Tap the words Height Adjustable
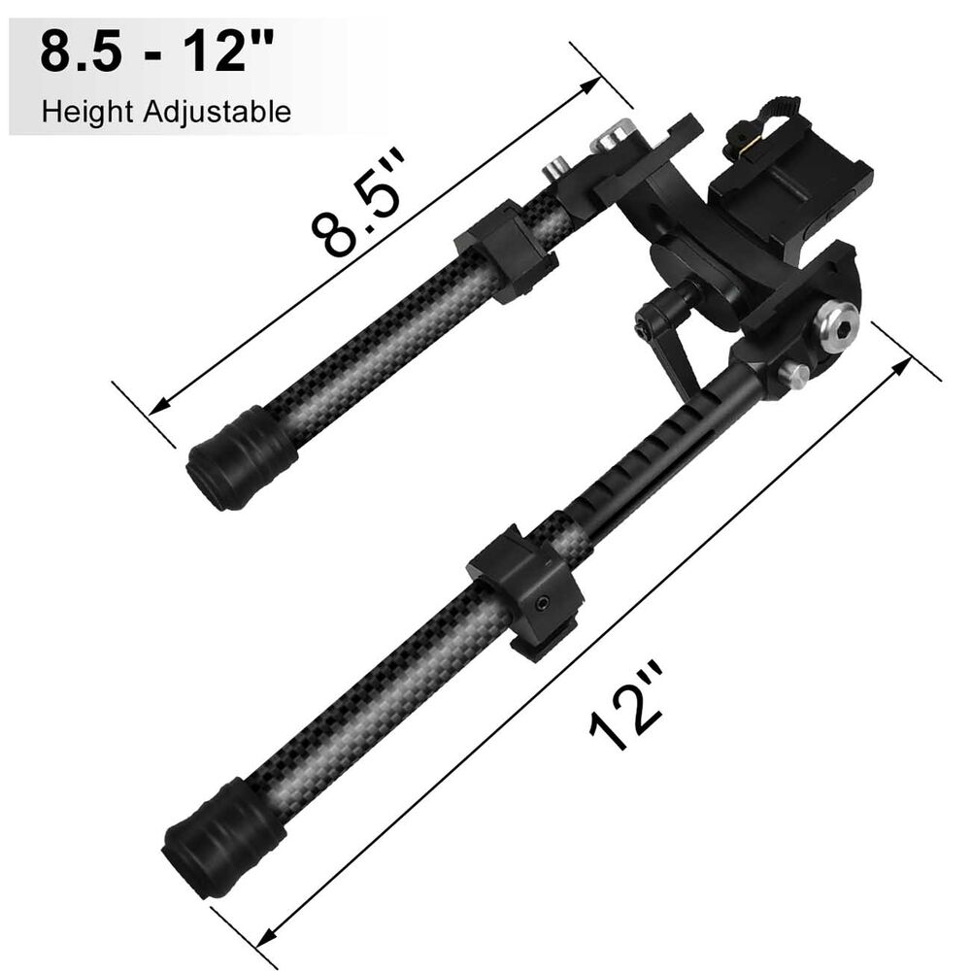click(166, 112)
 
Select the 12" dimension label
click(626, 706)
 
